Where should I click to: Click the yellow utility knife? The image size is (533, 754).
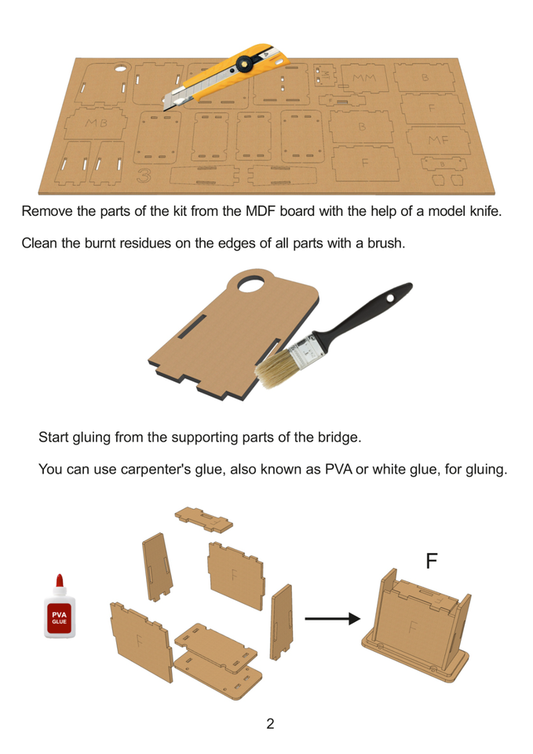pos(226,76)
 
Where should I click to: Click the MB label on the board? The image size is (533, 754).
pos(96,123)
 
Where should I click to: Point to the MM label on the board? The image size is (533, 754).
pos(363,78)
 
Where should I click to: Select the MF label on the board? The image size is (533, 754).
pos(438,140)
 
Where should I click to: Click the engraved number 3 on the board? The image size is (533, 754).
pos(144,175)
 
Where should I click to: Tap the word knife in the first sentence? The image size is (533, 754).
pos(484,211)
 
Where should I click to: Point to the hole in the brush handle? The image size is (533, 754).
pos(390,298)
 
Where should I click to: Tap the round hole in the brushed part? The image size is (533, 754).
pos(251,284)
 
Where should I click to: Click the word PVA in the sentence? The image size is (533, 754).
pos(338,469)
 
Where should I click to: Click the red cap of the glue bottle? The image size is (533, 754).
pos(60,582)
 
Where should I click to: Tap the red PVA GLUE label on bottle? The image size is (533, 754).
pos(60,618)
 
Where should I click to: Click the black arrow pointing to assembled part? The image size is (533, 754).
pos(332,618)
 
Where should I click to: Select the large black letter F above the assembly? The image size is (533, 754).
pos(432,561)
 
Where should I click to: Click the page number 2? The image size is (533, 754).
pos(270,723)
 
